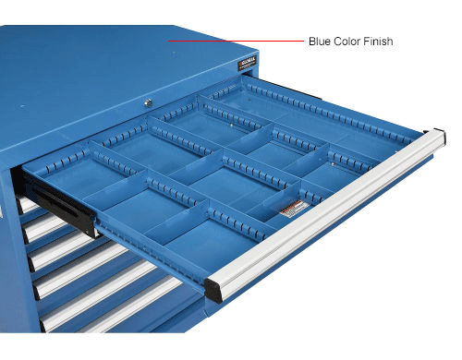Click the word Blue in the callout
pos(320,42)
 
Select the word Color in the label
pos(347,42)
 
